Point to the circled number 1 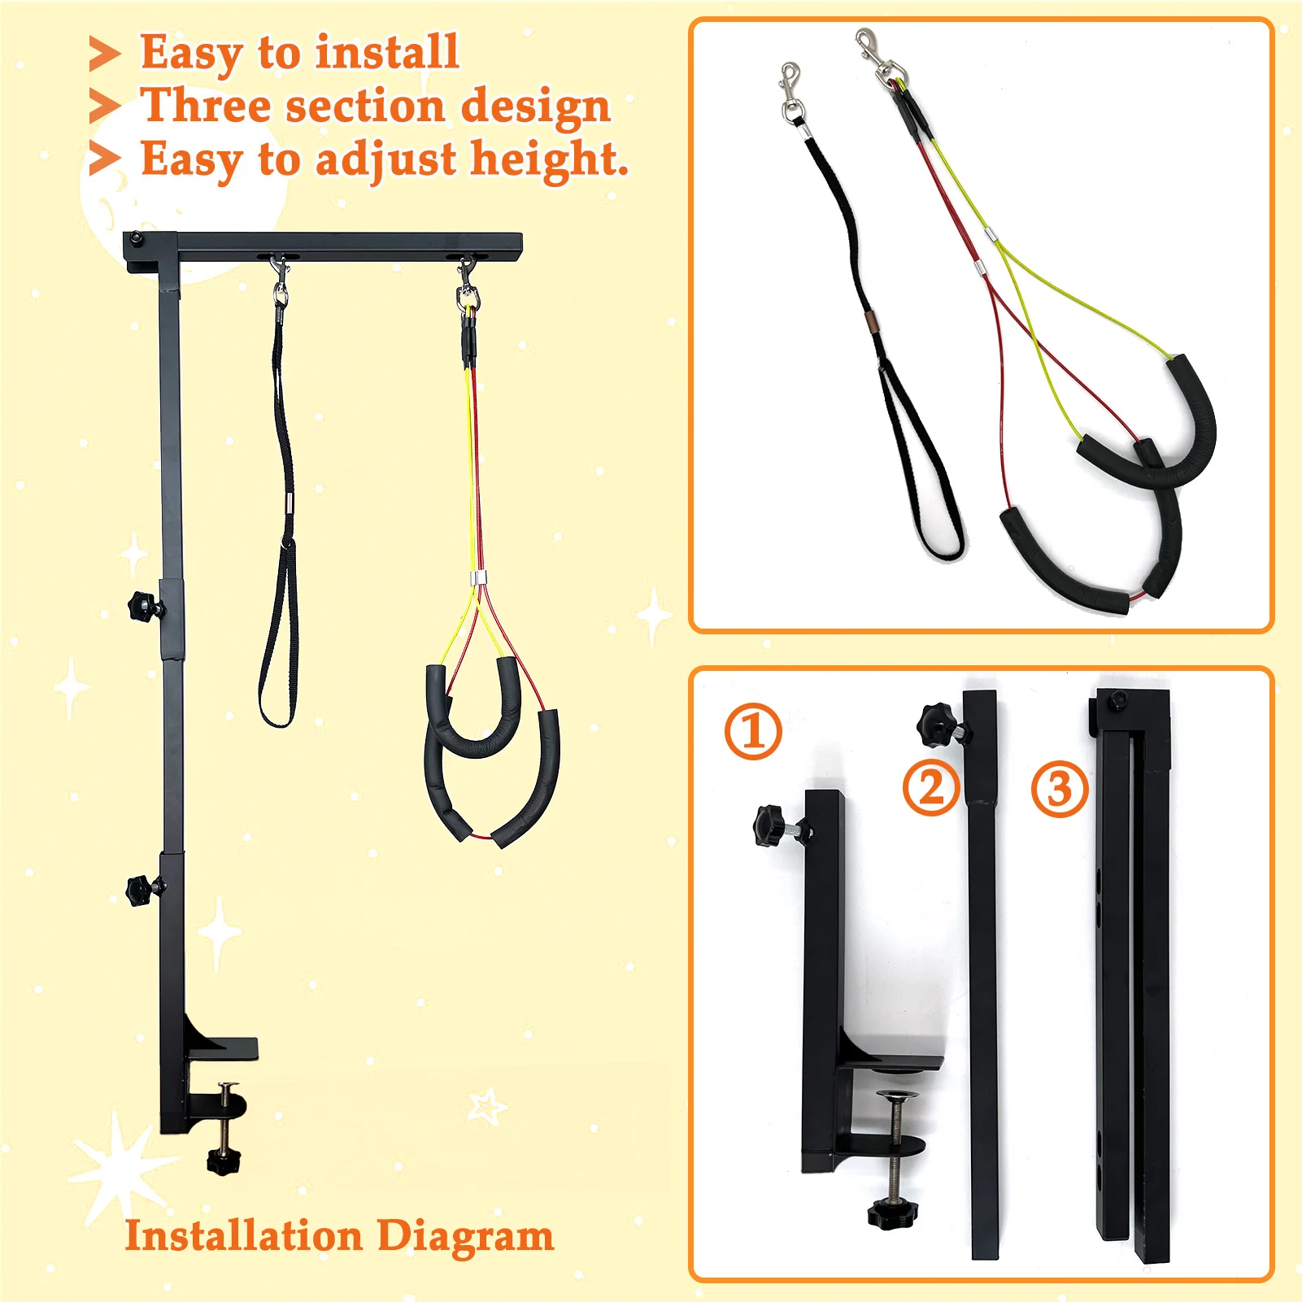[753, 731]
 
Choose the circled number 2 [931, 788]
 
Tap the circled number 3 [1060, 789]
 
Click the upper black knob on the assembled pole [145, 607]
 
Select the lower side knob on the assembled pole [143, 890]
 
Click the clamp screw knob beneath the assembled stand [224, 1160]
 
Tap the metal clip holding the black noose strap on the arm [280, 281]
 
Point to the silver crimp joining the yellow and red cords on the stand [478, 578]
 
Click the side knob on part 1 [773, 825]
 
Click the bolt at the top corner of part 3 [1119, 699]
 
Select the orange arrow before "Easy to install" [104, 54]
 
